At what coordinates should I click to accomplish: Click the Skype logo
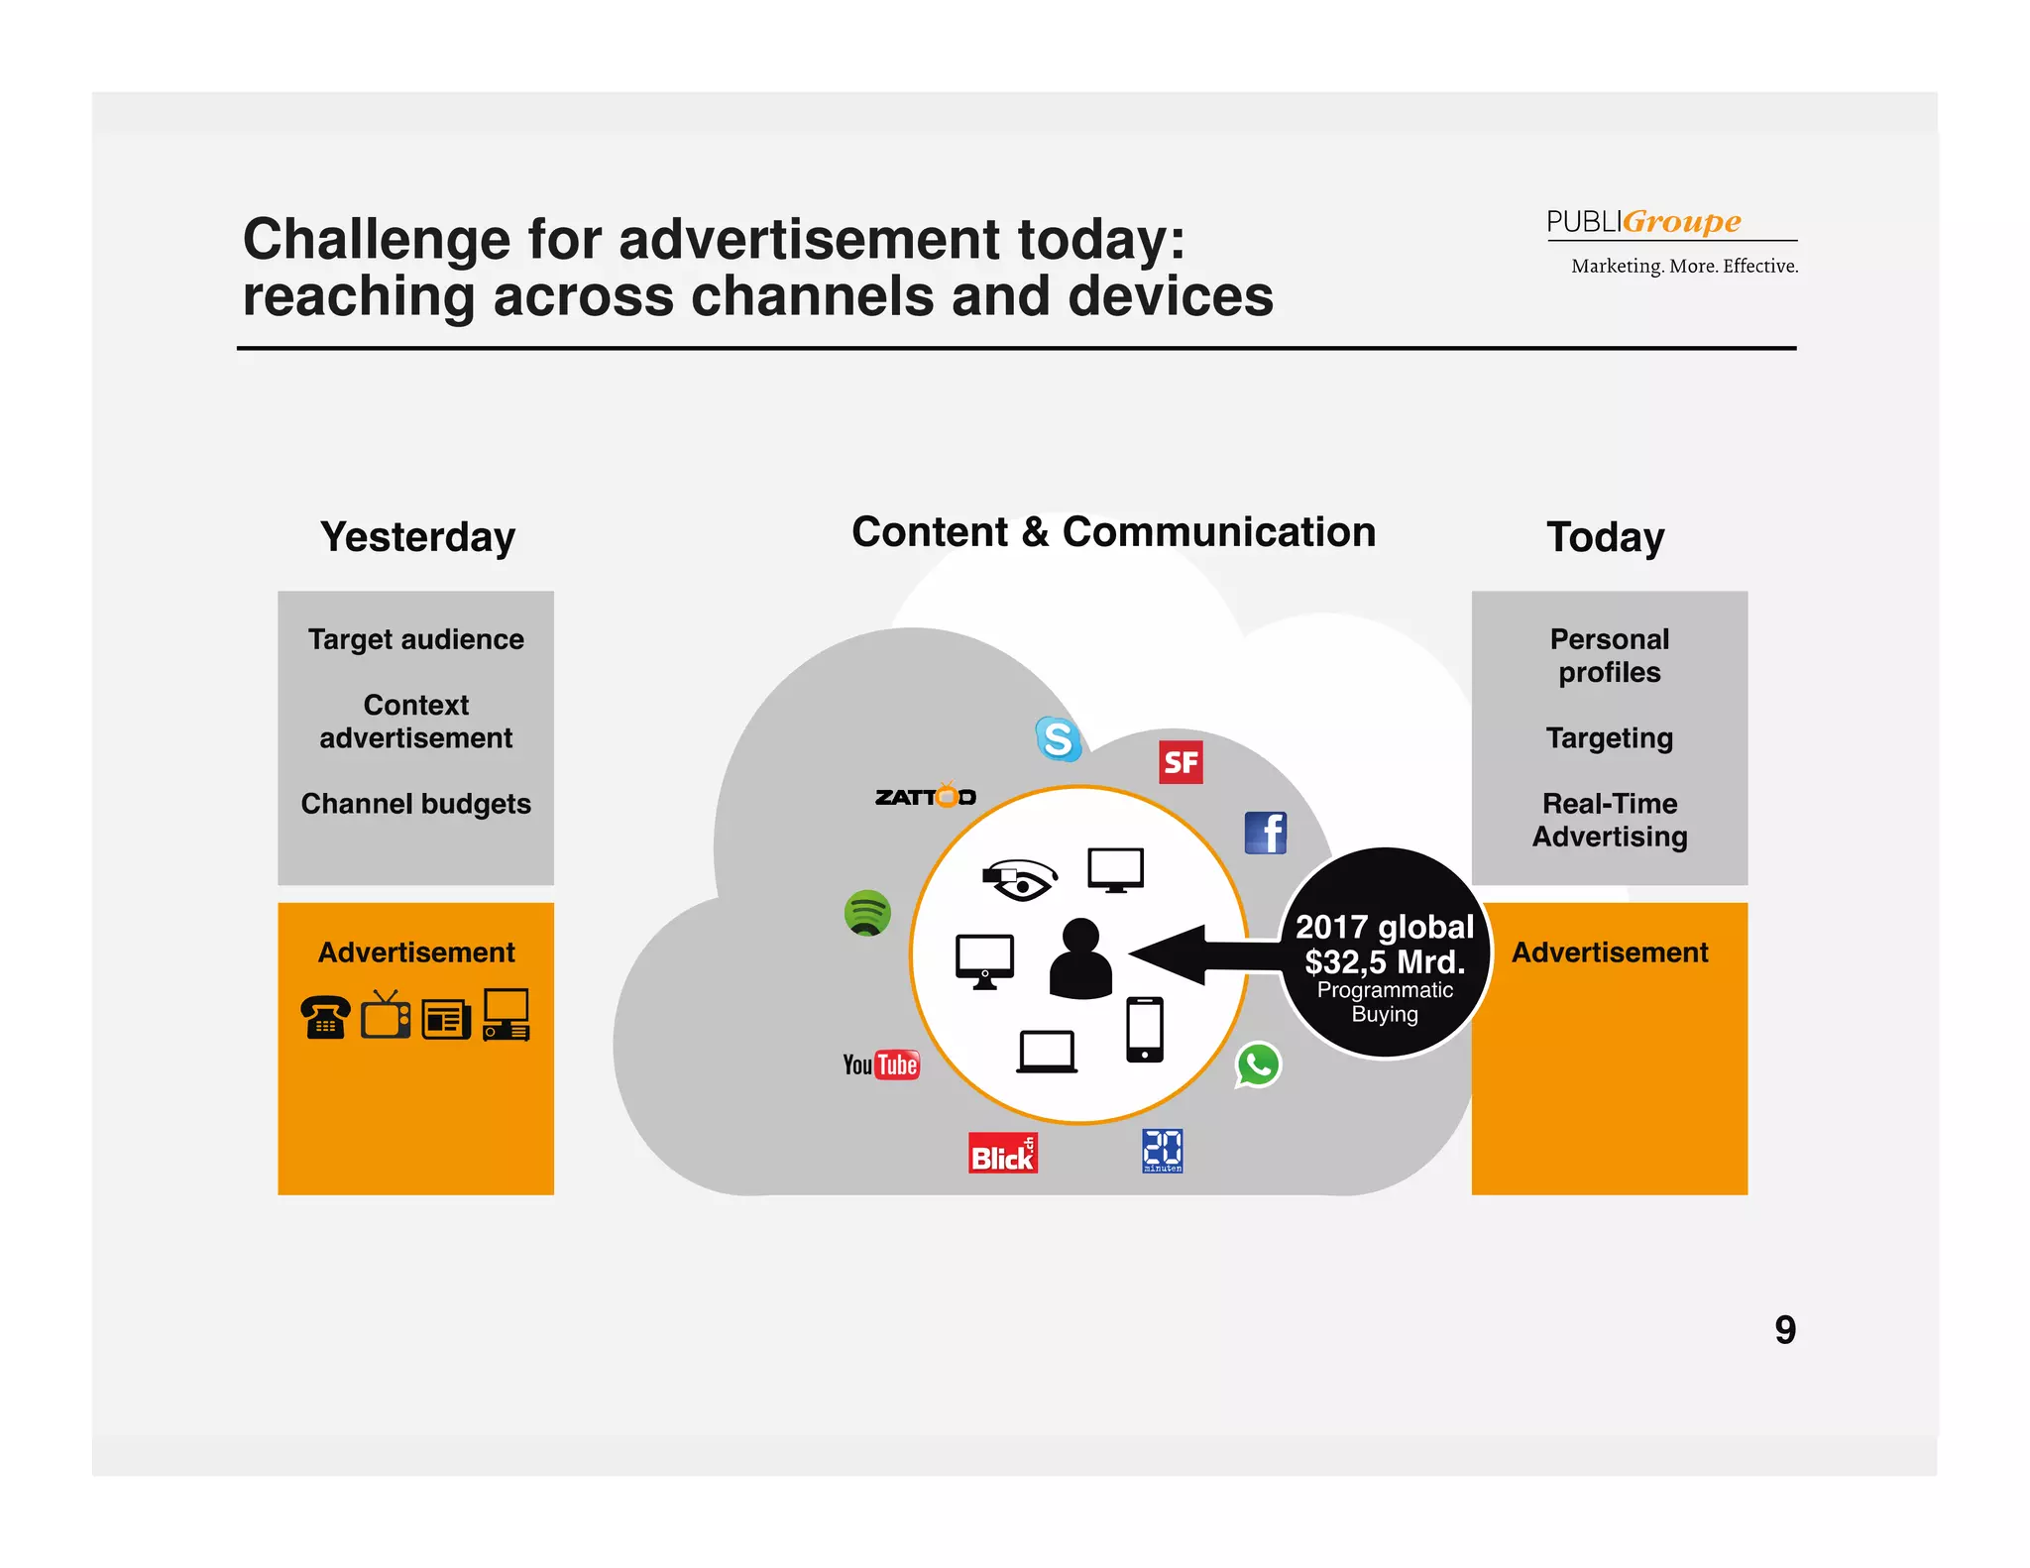[1058, 738]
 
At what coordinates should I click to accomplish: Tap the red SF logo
[1181, 762]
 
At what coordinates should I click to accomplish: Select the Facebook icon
[1266, 833]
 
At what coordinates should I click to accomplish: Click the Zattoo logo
[926, 796]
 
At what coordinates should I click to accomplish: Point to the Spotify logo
[867, 912]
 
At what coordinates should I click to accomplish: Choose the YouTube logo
[881, 1064]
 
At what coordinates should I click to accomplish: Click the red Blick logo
[1003, 1154]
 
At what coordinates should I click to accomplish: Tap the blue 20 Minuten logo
[1162, 1151]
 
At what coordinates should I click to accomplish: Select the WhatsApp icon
[1258, 1065]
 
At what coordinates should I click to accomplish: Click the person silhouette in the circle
[1080, 958]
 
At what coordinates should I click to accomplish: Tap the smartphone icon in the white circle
[1145, 1030]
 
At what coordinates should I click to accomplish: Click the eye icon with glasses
[1020, 879]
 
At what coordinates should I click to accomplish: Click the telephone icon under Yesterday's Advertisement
[325, 1016]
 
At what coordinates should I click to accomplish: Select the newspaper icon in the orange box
[446, 1019]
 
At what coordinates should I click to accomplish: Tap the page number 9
[1785, 1330]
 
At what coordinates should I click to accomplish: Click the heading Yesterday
[417, 537]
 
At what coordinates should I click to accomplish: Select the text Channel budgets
[416, 804]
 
